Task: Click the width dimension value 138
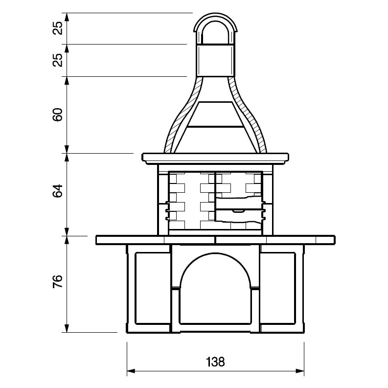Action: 215,362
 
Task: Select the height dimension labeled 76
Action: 58,281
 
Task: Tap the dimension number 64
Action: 58,191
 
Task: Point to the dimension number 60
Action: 58,114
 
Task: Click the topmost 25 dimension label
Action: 58,28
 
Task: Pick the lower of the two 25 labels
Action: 58,60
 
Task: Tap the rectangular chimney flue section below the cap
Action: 215,61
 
